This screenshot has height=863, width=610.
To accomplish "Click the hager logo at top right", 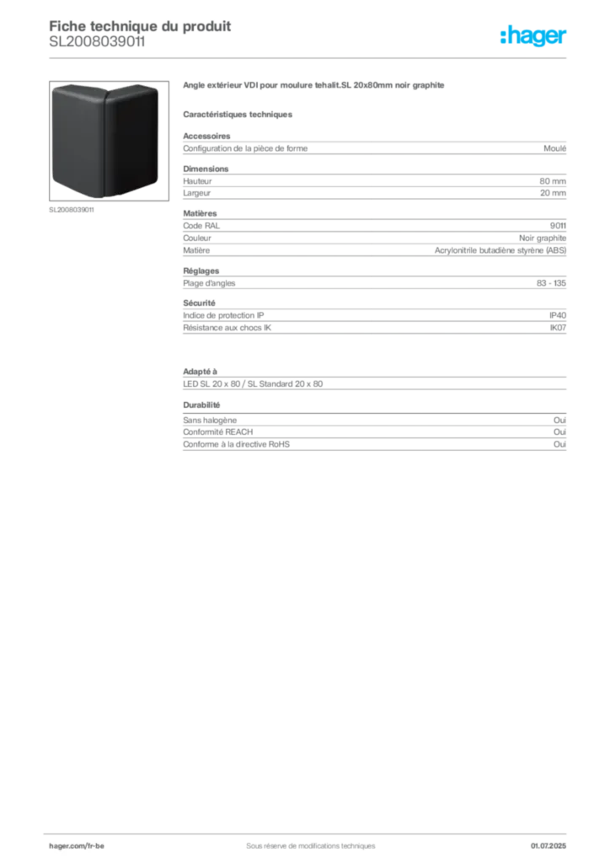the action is point(533,35).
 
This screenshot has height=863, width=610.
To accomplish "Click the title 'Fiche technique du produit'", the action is point(140,26).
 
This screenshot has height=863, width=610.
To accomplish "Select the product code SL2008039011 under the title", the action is point(98,42).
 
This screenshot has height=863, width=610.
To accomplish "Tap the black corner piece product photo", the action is point(109,141).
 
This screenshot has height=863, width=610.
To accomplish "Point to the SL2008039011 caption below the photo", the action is point(72,210).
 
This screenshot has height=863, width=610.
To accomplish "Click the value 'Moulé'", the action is point(554,148).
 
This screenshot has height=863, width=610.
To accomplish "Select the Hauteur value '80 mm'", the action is point(552,181).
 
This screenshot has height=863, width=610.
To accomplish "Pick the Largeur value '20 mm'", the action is point(553,193).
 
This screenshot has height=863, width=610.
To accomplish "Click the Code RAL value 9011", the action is point(558,226).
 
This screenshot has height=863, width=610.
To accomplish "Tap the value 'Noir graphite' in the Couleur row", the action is point(543,238).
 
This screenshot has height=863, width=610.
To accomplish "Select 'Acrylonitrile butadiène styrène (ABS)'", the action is point(500,250).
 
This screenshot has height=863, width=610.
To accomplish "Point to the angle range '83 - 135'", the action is point(551,283).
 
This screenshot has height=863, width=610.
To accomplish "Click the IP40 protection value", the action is point(558,315).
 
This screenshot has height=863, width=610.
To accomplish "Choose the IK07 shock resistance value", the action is point(558,328).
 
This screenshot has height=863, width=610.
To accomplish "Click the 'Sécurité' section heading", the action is point(199,303).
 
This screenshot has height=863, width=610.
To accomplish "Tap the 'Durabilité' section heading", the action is point(201,405).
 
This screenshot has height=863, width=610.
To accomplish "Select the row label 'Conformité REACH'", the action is point(218,432).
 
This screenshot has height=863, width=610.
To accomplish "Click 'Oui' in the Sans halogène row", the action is point(559,420).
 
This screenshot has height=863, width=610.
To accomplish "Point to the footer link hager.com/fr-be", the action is point(77,846).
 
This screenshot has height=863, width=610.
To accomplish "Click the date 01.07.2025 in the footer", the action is point(548,846).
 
